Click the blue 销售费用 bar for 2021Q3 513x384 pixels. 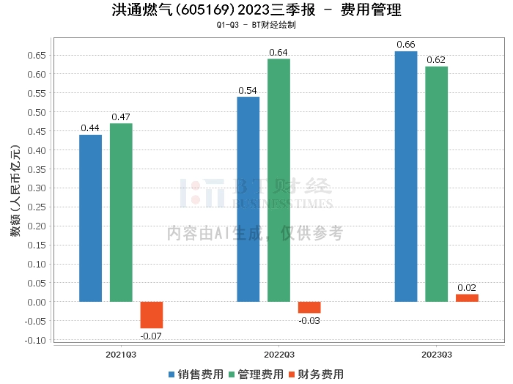[x=90, y=218]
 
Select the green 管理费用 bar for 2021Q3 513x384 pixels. [x=121, y=213]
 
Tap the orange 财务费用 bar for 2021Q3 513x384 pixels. [x=152, y=315]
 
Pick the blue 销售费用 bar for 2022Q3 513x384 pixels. [x=248, y=199]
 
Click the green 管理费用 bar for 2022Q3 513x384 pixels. [x=278, y=180]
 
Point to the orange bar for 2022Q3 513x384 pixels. [x=309, y=308]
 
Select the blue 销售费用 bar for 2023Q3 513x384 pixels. [x=406, y=177]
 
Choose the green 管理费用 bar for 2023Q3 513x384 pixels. [x=436, y=184]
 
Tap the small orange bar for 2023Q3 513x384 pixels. [x=467, y=298]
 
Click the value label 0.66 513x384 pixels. [x=406, y=45]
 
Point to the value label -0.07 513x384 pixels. [x=152, y=336]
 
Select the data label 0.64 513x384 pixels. [x=278, y=52]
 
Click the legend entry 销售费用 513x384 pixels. [x=197, y=374]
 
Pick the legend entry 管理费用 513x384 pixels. [x=256, y=374]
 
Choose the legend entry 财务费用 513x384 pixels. [x=317, y=374]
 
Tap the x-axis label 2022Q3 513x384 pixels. [x=278, y=353]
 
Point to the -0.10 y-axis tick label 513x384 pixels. [x=36, y=340]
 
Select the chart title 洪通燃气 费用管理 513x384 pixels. [x=256, y=11]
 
